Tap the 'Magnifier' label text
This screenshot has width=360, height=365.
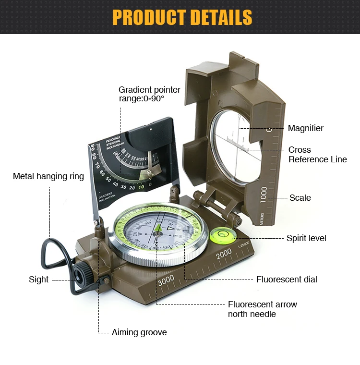305,128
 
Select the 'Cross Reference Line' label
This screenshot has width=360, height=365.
317,155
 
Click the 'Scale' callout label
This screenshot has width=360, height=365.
300,198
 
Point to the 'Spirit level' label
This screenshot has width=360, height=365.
306,238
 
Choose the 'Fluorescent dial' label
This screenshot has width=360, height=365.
287,280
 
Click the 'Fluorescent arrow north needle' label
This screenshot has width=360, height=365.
262,309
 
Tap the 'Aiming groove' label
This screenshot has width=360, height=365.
139,332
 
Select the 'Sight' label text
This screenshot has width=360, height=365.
38,280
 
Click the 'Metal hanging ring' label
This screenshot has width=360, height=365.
48,176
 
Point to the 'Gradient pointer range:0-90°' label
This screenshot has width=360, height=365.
149,94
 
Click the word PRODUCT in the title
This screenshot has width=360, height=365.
149,17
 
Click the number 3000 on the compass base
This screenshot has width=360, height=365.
166,279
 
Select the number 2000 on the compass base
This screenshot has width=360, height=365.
224,254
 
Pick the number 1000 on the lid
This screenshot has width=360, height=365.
264,195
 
